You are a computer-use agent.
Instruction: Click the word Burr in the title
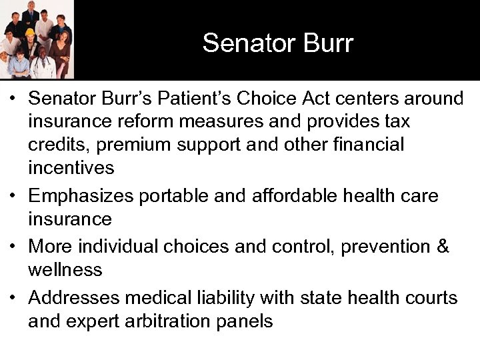tap(323, 43)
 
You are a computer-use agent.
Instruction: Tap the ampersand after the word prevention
tap(442, 247)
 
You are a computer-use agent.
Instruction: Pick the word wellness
tap(65, 270)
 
